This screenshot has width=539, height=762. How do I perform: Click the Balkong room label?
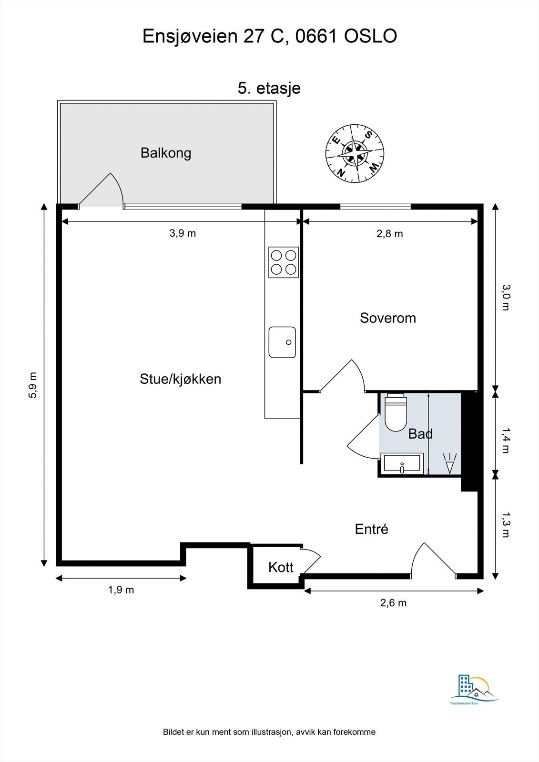point(166,153)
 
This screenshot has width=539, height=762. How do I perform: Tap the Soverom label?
point(388,318)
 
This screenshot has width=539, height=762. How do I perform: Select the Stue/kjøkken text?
point(181,379)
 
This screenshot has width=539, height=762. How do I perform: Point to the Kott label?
point(281,567)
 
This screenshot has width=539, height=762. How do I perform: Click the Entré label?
point(371,529)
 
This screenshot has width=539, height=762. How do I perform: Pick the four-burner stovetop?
point(283,262)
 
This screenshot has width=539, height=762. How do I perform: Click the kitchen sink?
point(282,342)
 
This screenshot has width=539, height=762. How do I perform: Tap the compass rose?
point(355,152)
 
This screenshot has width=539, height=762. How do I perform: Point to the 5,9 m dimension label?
point(33,385)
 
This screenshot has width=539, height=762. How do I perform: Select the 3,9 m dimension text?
point(183,233)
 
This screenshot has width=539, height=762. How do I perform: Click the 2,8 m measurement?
point(389,234)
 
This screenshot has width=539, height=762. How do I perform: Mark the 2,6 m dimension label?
point(393,603)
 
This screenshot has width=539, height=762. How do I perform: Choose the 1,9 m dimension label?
point(121,590)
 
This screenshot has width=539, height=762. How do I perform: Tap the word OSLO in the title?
point(370,36)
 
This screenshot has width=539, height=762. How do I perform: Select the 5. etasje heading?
point(269,88)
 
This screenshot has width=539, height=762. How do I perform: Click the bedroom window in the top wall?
point(376,206)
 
